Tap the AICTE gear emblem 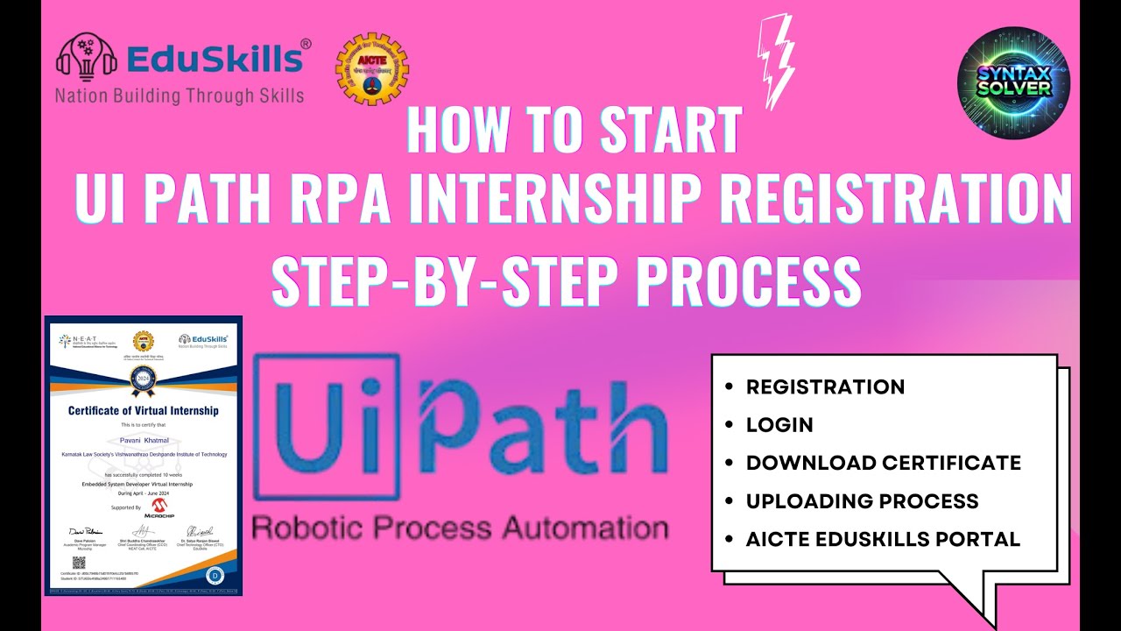point(372,69)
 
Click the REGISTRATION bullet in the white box point(825,386)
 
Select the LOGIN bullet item point(779,425)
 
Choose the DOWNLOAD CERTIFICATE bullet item point(883,463)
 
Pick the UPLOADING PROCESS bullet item point(862,501)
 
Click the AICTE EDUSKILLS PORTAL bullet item point(883,540)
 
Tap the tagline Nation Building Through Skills point(180,96)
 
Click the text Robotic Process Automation point(460,528)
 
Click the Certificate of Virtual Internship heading point(144,410)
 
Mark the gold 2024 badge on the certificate point(142,379)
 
